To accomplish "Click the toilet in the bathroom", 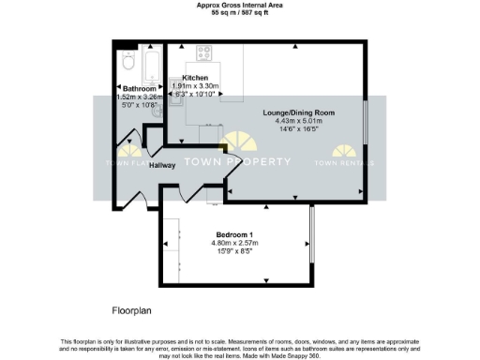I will pos(127,63).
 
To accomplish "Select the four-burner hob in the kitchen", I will pos(205,53).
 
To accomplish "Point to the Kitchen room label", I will pos(195,77).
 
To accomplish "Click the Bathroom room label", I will pos(134,88).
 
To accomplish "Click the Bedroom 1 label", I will pos(234,234).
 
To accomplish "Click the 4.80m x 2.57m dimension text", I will pos(234,243).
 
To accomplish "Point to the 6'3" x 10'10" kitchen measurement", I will pos(195,94).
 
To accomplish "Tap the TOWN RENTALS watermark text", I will pos(344,162).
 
